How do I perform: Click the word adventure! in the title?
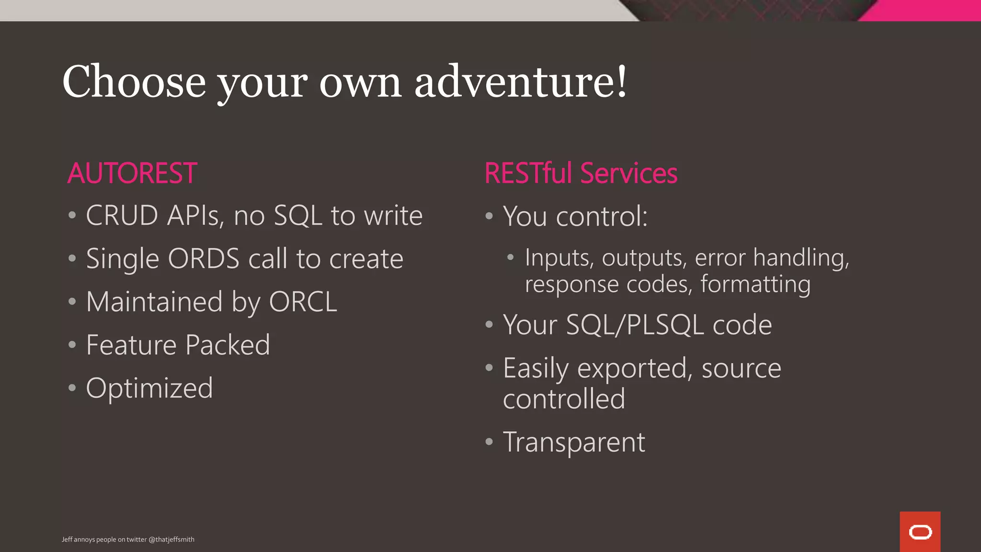tap(521, 82)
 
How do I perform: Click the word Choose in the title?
tap(134, 82)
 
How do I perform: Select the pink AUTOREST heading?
tap(132, 173)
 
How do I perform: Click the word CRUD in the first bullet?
tap(122, 216)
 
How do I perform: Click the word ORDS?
tap(204, 259)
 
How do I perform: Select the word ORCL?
tap(303, 302)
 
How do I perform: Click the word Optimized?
tap(149, 388)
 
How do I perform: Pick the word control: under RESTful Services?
tap(602, 216)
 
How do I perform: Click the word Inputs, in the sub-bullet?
tap(559, 258)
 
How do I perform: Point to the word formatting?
tap(755, 284)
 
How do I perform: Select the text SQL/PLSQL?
tap(635, 325)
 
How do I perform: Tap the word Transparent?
tap(574, 442)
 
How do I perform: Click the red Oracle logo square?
tap(920, 531)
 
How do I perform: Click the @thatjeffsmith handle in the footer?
tap(171, 540)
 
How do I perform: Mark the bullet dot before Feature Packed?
tap(72, 345)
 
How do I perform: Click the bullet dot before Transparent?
tap(489, 441)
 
